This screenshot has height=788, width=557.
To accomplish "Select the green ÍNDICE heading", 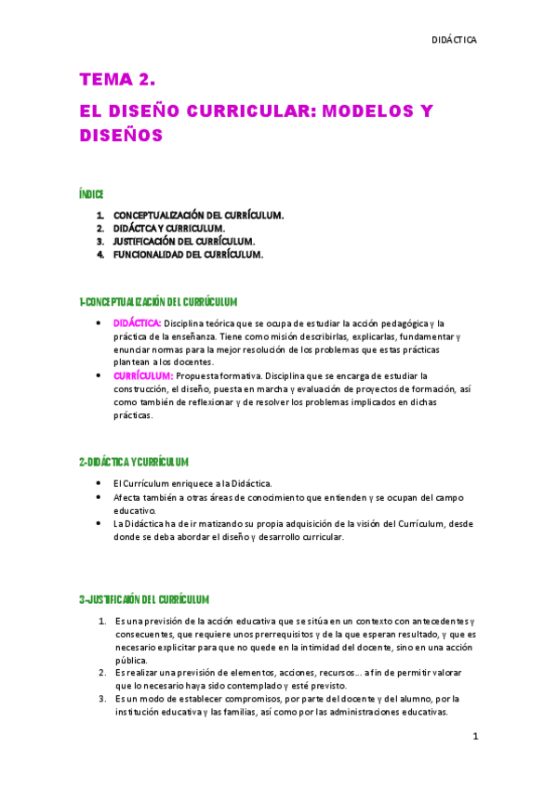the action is (90, 194).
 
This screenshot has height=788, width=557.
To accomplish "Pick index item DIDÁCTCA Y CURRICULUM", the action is (168, 228).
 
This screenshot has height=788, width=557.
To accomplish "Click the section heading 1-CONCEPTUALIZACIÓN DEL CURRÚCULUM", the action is (159, 302).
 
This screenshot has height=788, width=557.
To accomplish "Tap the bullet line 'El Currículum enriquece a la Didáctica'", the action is (192, 483).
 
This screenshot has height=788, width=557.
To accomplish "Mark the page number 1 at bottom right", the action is (474, 737).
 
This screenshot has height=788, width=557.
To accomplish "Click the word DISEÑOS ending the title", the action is (121, 136).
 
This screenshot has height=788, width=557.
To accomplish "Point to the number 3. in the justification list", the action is (102, 698).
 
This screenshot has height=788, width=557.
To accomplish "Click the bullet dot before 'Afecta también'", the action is (99, 497).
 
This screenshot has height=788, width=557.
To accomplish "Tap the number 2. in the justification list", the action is (102, 671).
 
